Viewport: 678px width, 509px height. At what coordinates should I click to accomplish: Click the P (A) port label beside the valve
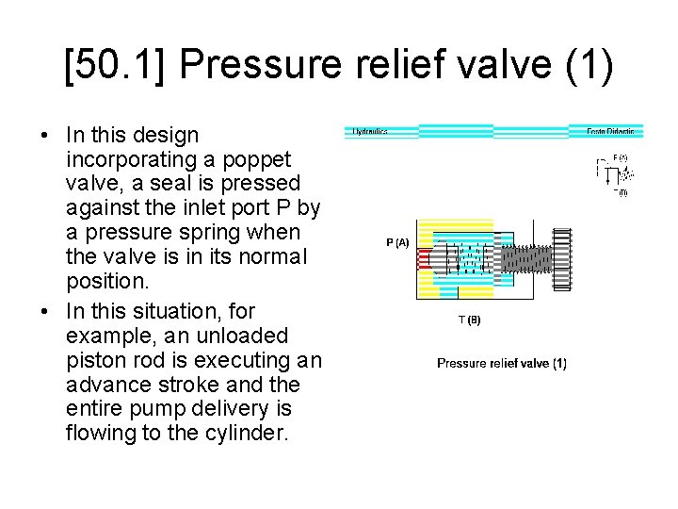point(396,243)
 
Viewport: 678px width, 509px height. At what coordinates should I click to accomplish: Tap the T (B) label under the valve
point(469,320)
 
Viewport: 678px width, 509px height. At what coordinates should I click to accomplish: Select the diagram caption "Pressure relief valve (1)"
point(502,363)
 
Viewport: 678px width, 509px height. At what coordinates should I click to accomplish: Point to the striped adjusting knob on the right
point(563,258)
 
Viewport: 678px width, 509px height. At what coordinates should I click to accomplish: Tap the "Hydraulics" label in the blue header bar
point(369,132)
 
